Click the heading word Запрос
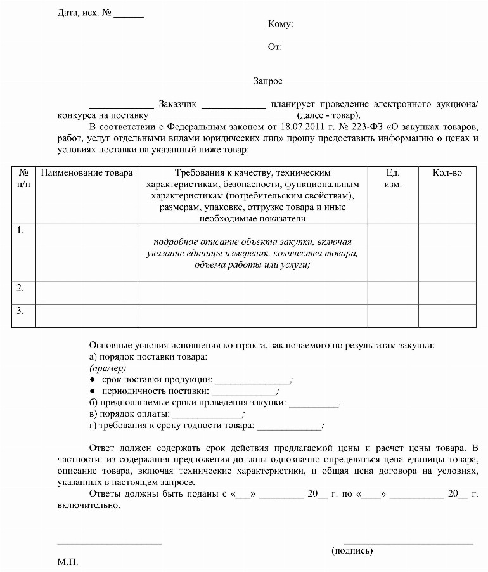[x=268, y=81]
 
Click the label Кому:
[x=280, y=25]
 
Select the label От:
[x=275, y=47]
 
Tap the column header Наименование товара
[x=87, y=172]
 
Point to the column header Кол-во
[x=447, y=172]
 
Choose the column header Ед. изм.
[x=392, y=178]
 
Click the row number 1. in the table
[x=20, y=231]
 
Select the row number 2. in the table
[x=20, y=288]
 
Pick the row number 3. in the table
[x=20, y=311]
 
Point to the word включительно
[x=88, y=505]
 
